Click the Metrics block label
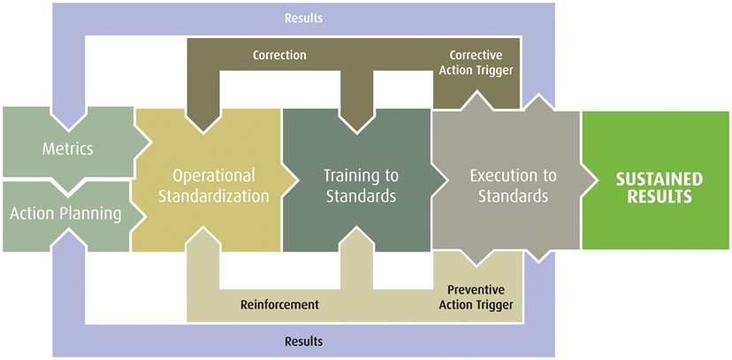[x=68, y=149]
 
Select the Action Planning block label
[x=65, y=214]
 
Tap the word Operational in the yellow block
[x=214, y=175]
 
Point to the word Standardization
[x=214, y=196]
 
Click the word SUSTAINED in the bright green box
[x=659, y=179]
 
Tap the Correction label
[x=279, y=55]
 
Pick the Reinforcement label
[x=279, y=305]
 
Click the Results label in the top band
[x=304, y=19]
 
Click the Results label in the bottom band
[x=304, y=341]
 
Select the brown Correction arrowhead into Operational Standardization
[x=203, y=124]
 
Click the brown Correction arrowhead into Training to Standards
[x=356, y=124]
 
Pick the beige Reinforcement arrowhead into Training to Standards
[x=356, y=238]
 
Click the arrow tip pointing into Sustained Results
[x=597, y=180]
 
